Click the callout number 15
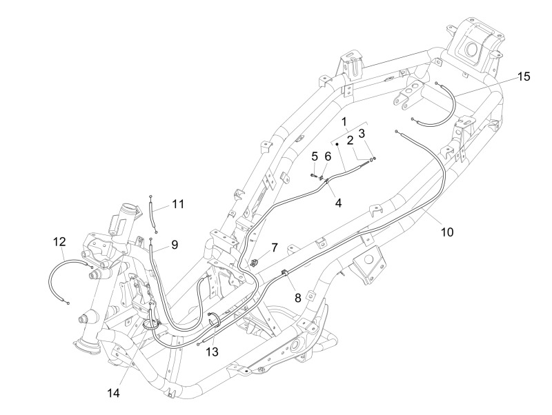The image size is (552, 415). (x=524, y=77)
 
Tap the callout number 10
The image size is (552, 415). (x=447, y=232)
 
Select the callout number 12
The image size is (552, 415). (x=59, y=241)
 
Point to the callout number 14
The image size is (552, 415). (x=113, y=393)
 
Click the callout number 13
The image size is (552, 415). (x=213, y=352)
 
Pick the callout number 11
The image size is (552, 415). (x=178, y=203)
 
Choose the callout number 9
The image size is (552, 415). (x=175, y=245)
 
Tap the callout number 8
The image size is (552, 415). (x=298, y=298)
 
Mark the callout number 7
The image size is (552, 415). (x=274, y=247)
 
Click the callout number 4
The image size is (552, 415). (x=338, y=202)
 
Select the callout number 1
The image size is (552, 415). (x=344, y=122)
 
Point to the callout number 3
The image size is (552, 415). (x=362, y=133)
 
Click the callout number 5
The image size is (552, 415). (x=315, y=156)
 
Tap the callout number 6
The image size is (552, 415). (x=328, y=156)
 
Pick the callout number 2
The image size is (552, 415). (x=350, y=141)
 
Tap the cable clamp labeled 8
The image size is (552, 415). (x=284, y=272)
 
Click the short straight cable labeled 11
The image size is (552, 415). (x=152, y=214)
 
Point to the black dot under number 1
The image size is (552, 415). (x=337, y=144)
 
